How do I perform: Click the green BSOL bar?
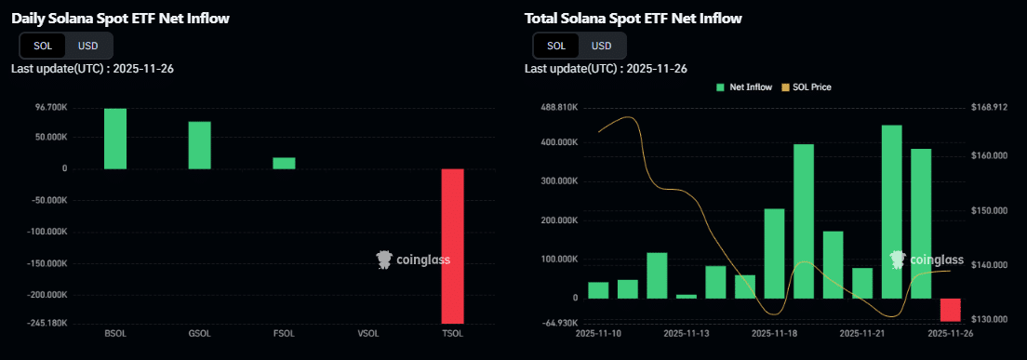[x=115, y=139]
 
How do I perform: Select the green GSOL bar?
[x=199, y=145]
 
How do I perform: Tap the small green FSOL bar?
[x=284, y=163]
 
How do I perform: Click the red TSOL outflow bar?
[x=452, y=246]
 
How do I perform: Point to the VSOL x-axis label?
[x=367, y=332]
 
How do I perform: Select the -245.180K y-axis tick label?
[x=47, y=323]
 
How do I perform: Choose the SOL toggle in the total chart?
[x=555, y=46]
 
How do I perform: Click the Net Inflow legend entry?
[x=743, y=87]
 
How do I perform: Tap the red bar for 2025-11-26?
[x=950, y=310]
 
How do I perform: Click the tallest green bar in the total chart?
[x=891, y=212]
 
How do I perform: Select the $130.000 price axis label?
[x=989, y=319]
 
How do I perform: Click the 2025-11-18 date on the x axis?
[x=774, y=332]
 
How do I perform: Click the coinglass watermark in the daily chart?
[x=413, y=260]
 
